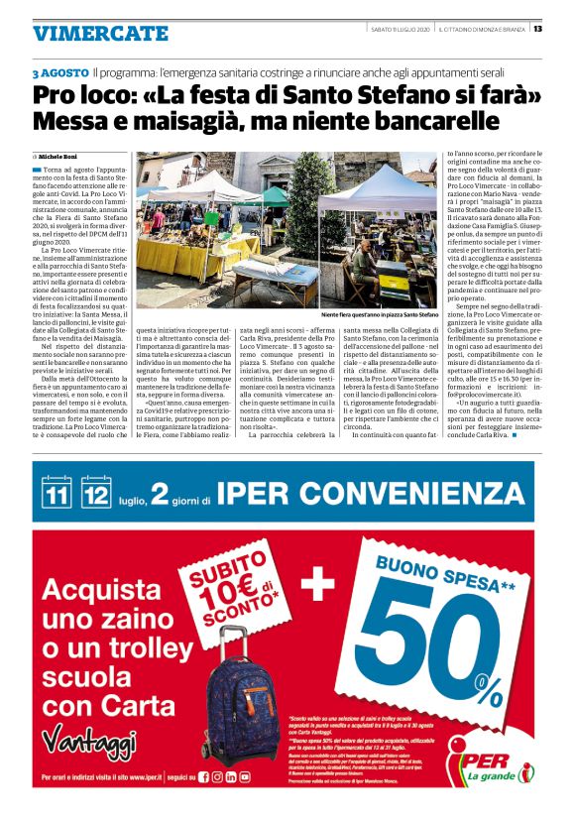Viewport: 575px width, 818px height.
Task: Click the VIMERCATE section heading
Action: click(x=100, y=33)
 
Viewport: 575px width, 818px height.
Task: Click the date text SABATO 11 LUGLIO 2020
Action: click(x=401, y=28)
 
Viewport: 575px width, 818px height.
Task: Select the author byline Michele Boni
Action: click(x=62, y=157)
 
